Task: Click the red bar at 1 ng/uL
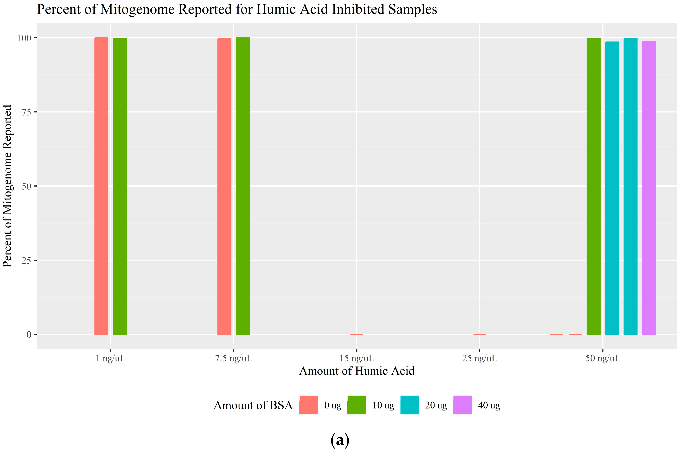click(x=101, y=186)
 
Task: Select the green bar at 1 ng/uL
click(x=120, y=186)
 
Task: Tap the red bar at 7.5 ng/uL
click(x=224, y=186)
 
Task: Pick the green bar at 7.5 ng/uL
click(x=243, y=186)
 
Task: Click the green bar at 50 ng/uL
click(x=593, y=186)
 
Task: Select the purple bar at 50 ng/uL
click(x=649, y=188)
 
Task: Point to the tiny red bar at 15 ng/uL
click(x=357, y=334)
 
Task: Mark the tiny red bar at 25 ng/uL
click(x=480, y=334)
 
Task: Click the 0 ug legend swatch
click(x=308, y=405)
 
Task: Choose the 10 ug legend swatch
click(x=357, y=405)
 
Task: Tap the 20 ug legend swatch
click(x=409, y=405)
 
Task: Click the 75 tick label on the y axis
click(x=27, y=112)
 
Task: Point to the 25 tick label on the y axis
click(x=27, y=261)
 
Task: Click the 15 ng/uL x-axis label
click(x=357, y=358)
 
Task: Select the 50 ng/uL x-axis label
click(x=603, y=358)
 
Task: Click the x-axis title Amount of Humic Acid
click(x=357, y=371)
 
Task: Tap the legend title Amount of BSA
click(x=253, y=405)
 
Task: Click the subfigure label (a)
click(x=340, y=440)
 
